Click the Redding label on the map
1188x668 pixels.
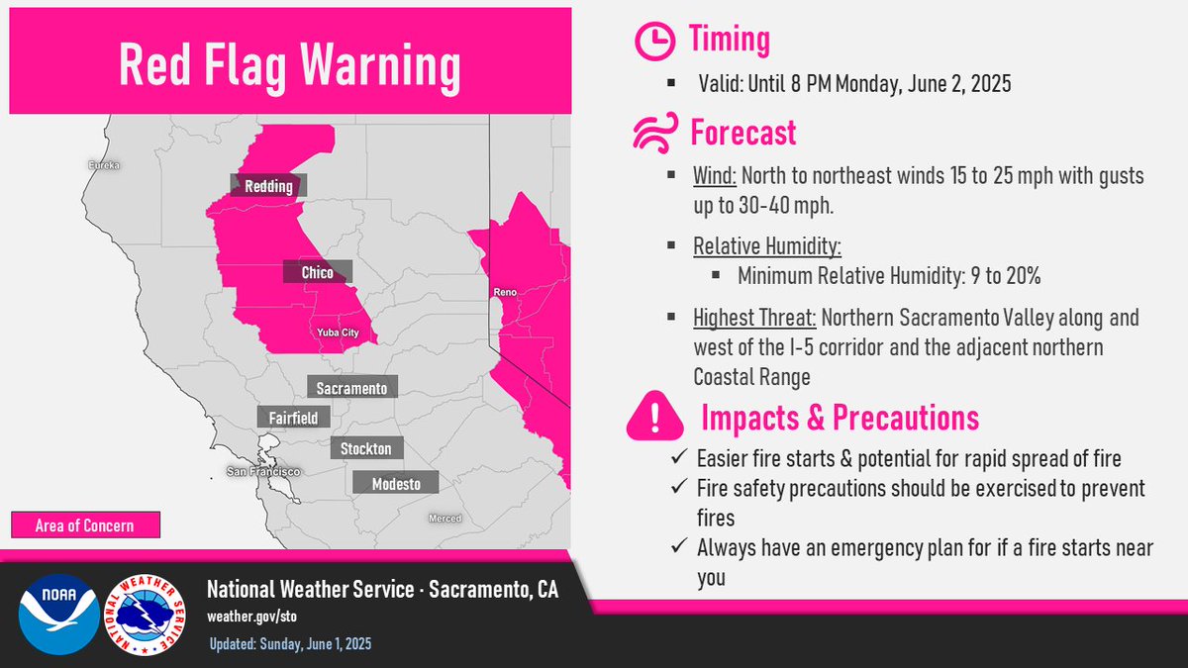coord(268,186)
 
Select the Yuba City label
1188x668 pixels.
coord(338,333)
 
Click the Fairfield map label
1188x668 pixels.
coord(293,418)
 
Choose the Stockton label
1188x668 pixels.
coord(366,448)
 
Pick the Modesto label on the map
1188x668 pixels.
coord(395,483)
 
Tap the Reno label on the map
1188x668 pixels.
coord(503,294)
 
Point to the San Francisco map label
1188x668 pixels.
coord(262,472)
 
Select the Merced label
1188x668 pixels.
coord(445,519)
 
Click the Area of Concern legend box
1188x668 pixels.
coord(86,525)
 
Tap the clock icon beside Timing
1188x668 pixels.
coord(652,41)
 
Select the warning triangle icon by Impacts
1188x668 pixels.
coord(653,418)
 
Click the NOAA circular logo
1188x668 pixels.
coord(58,614)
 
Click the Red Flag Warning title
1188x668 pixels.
coord(289,64)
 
